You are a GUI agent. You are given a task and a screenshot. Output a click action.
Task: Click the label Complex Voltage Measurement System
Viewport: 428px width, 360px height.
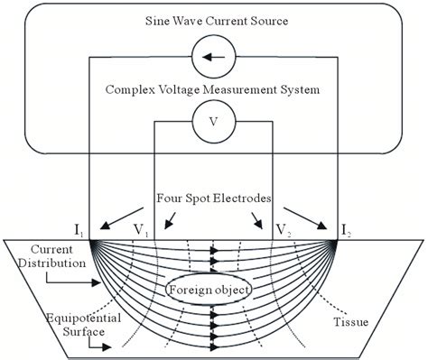(x=213, y=89)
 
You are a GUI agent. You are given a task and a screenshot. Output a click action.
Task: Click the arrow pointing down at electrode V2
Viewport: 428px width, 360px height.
(x=263, y=217)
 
